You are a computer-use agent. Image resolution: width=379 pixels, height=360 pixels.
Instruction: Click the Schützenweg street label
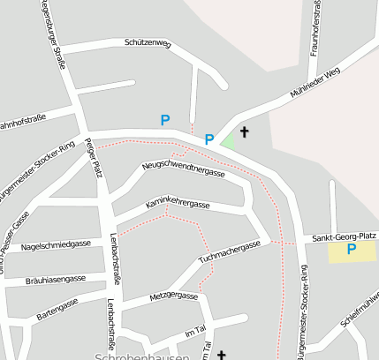[148, 42]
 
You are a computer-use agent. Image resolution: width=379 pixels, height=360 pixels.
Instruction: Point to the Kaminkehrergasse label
[178, 204]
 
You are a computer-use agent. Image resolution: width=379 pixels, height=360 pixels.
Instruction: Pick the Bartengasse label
[57, 308]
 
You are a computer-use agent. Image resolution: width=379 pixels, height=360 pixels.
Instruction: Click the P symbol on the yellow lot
[351, 250]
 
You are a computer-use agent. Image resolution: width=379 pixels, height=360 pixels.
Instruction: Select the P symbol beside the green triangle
[209, 139]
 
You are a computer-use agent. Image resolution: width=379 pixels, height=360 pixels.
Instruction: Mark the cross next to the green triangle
[244, 132]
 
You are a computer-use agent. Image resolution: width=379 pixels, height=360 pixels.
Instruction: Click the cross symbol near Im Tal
[222, 354]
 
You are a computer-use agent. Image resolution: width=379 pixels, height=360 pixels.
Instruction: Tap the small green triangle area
[230, 139]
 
